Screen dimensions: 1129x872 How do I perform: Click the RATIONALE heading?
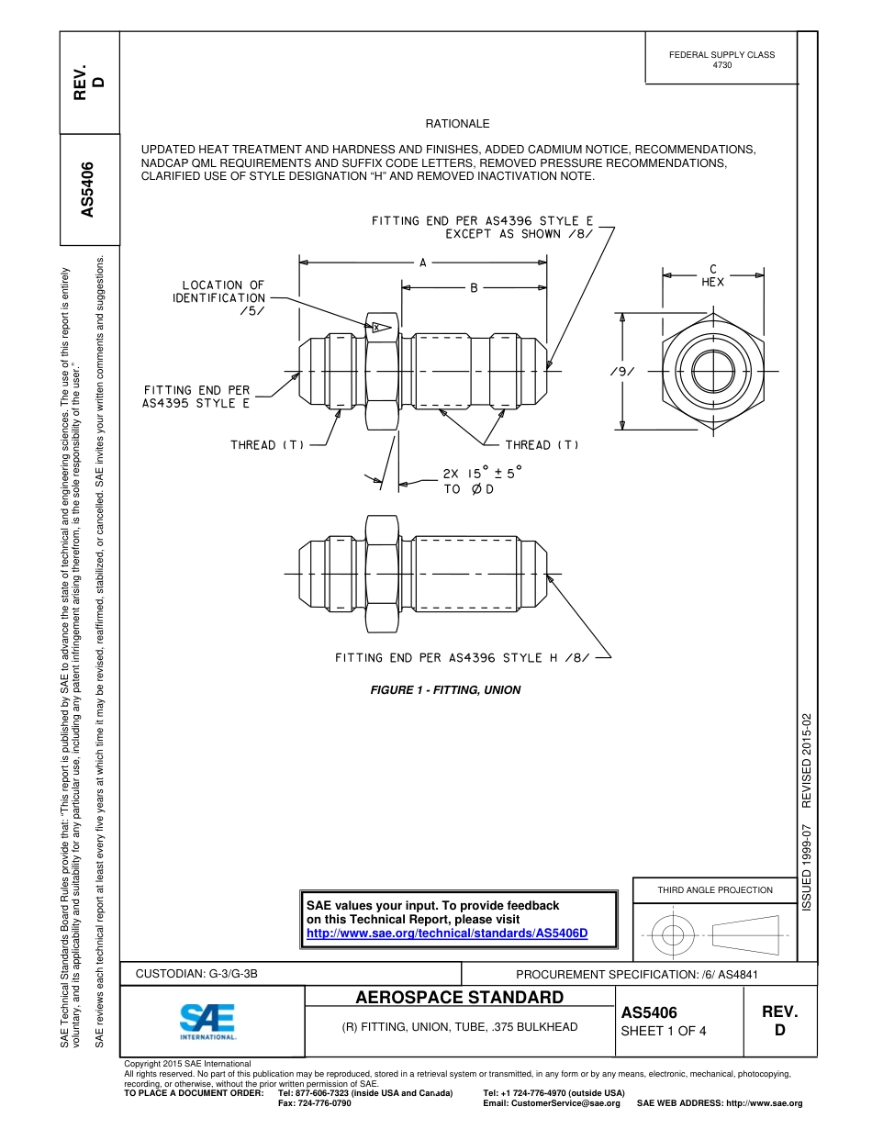[x=457, y=124]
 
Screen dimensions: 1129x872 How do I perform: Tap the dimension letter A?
[x=423, y=263]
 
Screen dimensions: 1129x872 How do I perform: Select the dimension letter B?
[x=475, y=288]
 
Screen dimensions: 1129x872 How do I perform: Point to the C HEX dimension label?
[x=713, y=276]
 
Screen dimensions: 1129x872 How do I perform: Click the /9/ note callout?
[x=622, y=372]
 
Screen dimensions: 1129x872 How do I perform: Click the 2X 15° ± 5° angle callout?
[x=481, y=474]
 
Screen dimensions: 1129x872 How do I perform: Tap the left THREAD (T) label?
[x=267, y=445]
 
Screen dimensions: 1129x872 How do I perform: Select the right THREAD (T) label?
[x=542, y=445]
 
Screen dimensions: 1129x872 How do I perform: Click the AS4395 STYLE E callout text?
[x=196, y=404]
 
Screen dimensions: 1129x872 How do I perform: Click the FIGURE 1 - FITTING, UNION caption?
[x=445, y=690]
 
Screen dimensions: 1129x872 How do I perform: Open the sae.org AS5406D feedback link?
[x=446, y=933]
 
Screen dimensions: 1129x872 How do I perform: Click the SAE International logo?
[x=207, y=1021]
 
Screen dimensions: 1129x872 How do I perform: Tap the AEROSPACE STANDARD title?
[x=460, y=998]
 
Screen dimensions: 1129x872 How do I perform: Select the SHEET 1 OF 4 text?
[x=664, y=1030]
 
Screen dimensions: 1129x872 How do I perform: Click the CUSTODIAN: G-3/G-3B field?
[x=203, y=974]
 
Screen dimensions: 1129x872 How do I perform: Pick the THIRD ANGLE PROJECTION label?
[x=714, y=889]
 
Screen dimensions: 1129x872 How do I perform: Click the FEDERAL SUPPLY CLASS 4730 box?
[x=721, y=60]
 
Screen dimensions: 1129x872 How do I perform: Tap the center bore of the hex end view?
[x=712, y=372]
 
